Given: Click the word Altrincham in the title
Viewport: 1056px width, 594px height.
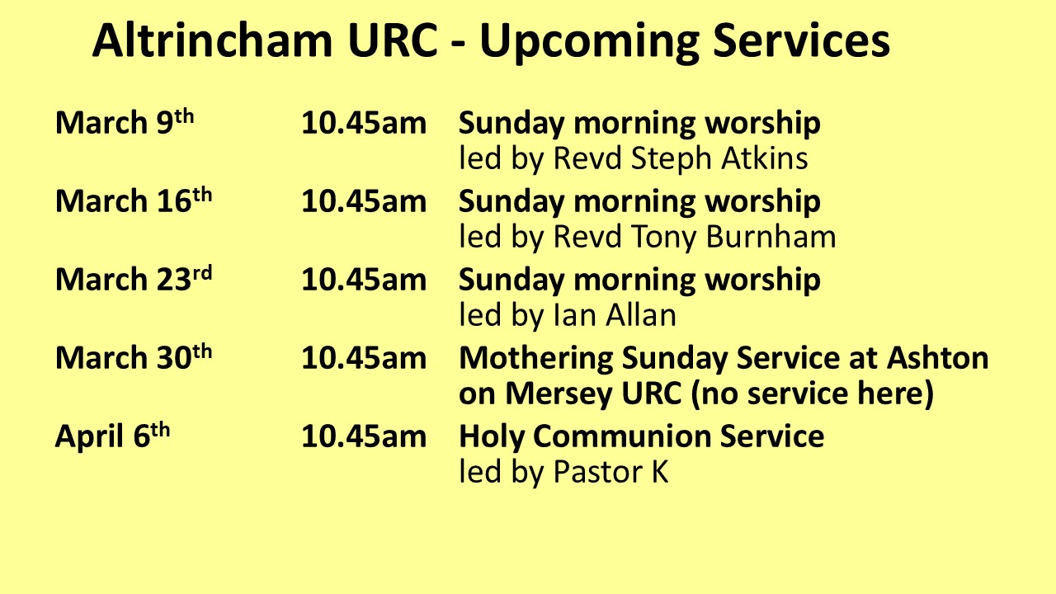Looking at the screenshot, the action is click(213, 40).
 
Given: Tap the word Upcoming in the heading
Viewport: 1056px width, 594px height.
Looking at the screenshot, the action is click(589, 43).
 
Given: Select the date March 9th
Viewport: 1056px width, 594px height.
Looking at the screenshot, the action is click(125, 122).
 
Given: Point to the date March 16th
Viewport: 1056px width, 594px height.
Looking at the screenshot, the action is click(134, 200).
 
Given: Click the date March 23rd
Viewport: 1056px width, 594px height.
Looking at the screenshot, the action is click(134, 279).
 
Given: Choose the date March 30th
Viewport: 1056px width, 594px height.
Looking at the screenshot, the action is click(134, 357).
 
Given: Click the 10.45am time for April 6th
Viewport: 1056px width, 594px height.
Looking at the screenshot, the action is click(364, 436).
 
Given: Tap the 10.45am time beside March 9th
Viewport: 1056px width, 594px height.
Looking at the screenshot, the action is click(364, 123).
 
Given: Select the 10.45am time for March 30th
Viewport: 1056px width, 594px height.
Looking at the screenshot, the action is click(364, 358).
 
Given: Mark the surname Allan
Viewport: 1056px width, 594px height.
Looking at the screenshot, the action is click(641, 314).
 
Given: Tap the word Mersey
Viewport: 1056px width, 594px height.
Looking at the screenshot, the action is click(559, 394).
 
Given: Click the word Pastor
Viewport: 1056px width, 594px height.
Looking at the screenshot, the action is click(596, 471).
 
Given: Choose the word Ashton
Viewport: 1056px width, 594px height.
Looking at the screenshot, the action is click(938, 357).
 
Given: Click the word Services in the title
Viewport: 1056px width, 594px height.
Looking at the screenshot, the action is click(801, 40).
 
